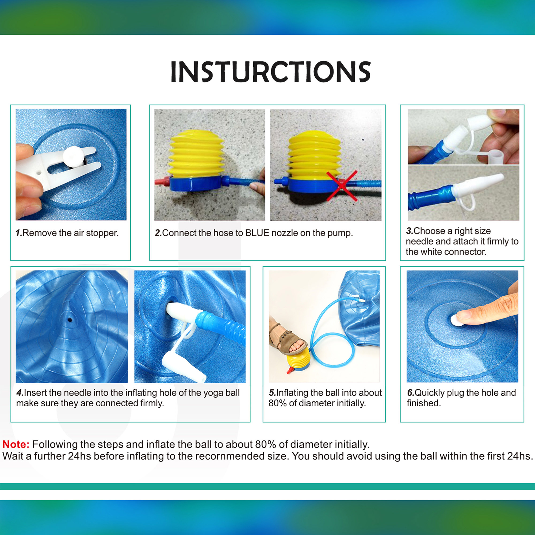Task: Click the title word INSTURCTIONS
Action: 270,72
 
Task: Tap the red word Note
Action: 16,444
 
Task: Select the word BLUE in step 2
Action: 257,233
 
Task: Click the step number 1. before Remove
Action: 18,233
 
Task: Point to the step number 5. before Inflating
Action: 272,393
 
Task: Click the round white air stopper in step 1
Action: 73,157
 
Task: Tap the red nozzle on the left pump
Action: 162,182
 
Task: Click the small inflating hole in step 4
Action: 70,320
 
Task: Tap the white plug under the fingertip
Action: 456,321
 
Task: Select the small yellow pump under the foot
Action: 298,360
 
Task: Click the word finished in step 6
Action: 424,403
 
